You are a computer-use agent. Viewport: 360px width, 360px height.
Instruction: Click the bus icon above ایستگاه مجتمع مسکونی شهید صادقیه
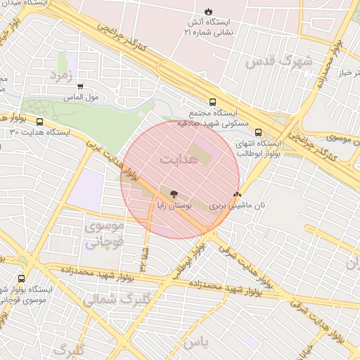click(x=212, y=102)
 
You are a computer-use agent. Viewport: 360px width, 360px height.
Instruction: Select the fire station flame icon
click(x=208, y=11)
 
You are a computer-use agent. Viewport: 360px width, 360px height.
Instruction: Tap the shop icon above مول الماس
click(x=79, y=86)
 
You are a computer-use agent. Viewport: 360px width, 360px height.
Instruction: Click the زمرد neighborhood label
click(x=62, y=75)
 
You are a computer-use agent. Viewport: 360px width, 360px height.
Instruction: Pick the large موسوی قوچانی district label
click(x=104, y=235)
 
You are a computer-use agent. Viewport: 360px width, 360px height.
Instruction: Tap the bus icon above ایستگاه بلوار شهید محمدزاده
click(x=21, y=278)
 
